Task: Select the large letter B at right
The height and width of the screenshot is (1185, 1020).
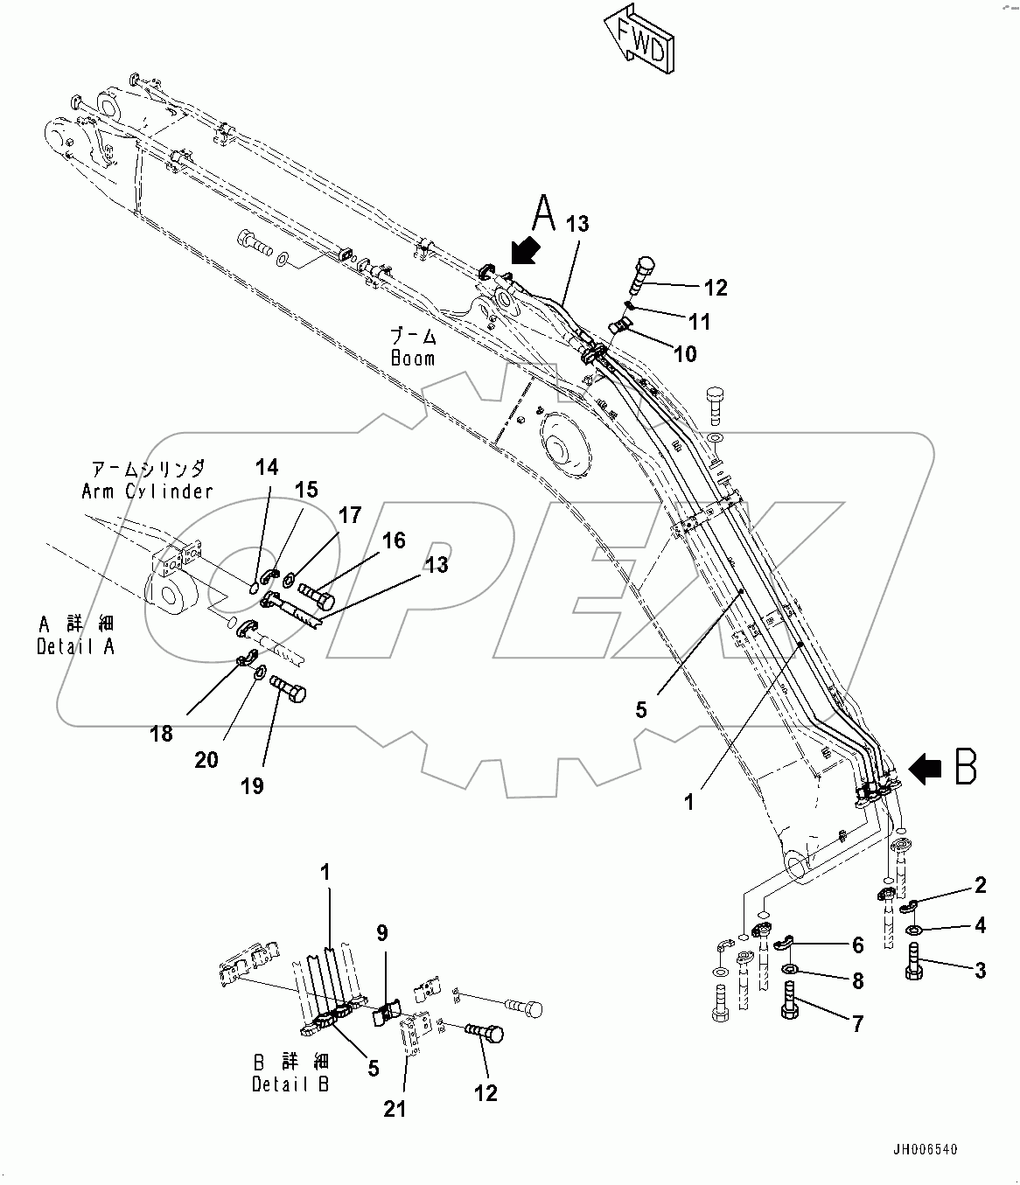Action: [x=965, y=767]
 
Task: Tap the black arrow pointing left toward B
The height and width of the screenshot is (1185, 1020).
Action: [x=926, y=769]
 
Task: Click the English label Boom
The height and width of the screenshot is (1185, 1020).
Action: [x=413, y=359]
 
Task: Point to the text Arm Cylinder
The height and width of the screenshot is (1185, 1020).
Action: [x=147, y=491]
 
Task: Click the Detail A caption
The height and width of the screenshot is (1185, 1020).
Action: [x=75, y=646]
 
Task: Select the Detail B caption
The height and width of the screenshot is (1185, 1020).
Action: [x=291, y=1084]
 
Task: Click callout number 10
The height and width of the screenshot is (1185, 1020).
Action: [x=685, y=353]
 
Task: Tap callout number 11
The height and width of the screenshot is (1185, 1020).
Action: [x=699, y=321]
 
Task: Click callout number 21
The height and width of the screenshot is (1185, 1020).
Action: [x=395, y=1109]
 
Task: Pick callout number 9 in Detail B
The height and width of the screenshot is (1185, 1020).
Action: [x=382, y=933]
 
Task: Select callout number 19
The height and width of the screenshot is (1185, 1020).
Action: [x=252, y=785]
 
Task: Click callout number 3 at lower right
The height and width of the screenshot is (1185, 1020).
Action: [x=980, y=970]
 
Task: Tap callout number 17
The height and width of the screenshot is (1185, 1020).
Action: [x=350, y=515]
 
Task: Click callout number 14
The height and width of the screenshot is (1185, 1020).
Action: [x=267, y=467]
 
